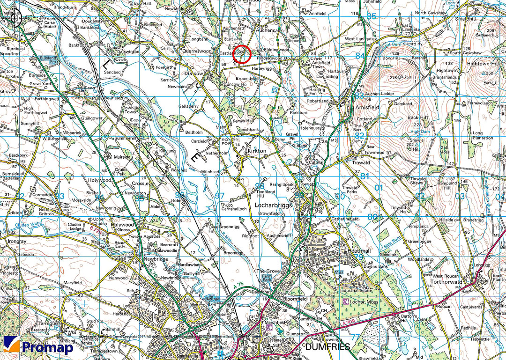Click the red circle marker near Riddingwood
(242, 54)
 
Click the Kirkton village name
(257, 151)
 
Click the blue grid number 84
(360, 56)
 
